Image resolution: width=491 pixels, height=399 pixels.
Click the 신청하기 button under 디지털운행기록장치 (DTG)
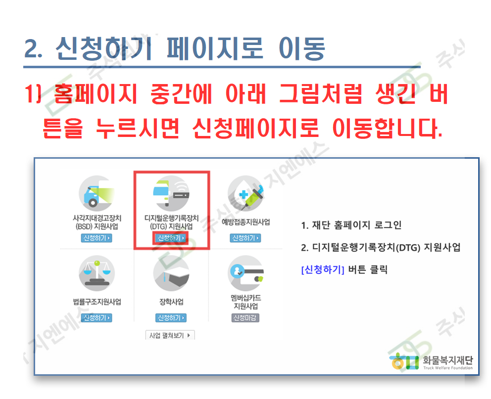[171, 238]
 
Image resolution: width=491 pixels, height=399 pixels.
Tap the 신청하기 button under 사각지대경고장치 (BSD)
[97, 238]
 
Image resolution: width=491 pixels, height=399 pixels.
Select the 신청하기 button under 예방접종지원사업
[245, 238]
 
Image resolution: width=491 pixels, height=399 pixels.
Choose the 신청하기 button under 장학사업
[171, 318]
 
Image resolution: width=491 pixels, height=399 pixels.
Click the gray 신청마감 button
[245, 318]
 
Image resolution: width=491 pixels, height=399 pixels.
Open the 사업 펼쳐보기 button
[170, 335]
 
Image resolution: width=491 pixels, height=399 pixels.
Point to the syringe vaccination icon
[246, 193]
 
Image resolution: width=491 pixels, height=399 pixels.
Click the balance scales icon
[97, 273]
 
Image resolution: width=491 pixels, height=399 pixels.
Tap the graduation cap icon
[171, 273]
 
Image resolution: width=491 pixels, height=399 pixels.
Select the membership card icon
[246, 273]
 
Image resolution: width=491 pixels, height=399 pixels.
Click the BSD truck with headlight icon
[97, 193]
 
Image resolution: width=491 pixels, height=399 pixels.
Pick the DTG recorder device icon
[171, 193]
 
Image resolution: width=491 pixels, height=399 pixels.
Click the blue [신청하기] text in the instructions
[323, 269]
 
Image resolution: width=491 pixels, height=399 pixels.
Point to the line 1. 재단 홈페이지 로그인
[351, 225]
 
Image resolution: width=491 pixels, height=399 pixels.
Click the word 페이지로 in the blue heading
[215, 48]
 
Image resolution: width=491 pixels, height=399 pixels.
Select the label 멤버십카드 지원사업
[246, 302]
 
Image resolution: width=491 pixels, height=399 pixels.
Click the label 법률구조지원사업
[97, 302]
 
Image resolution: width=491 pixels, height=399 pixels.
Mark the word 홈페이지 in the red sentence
[96, 93]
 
